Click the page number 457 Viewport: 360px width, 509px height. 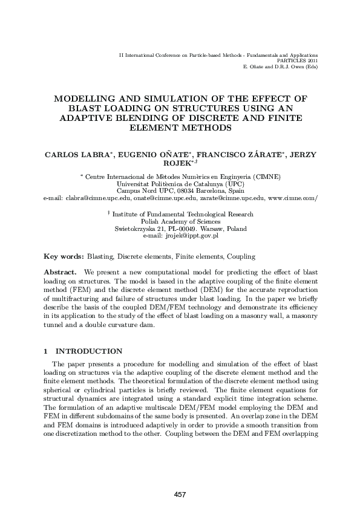[180, 494]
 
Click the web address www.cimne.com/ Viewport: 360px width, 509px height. [293, 198]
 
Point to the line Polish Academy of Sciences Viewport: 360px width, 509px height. [180, 221]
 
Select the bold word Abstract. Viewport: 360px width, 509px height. [62, 273]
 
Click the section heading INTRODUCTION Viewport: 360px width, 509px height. [89, 351]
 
